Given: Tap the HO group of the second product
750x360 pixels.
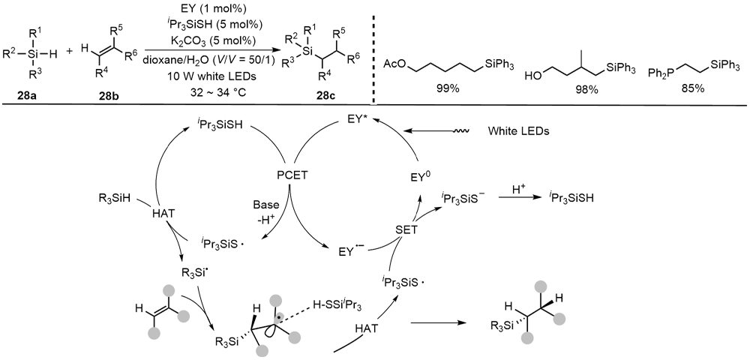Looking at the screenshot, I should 534,76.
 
